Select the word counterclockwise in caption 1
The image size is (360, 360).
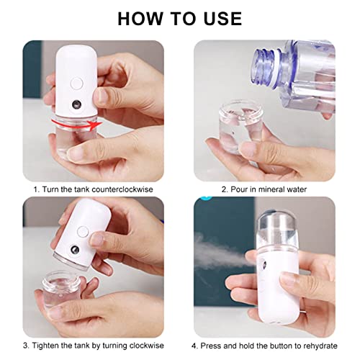pos(130,189)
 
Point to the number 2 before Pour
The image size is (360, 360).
pos(223,189)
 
